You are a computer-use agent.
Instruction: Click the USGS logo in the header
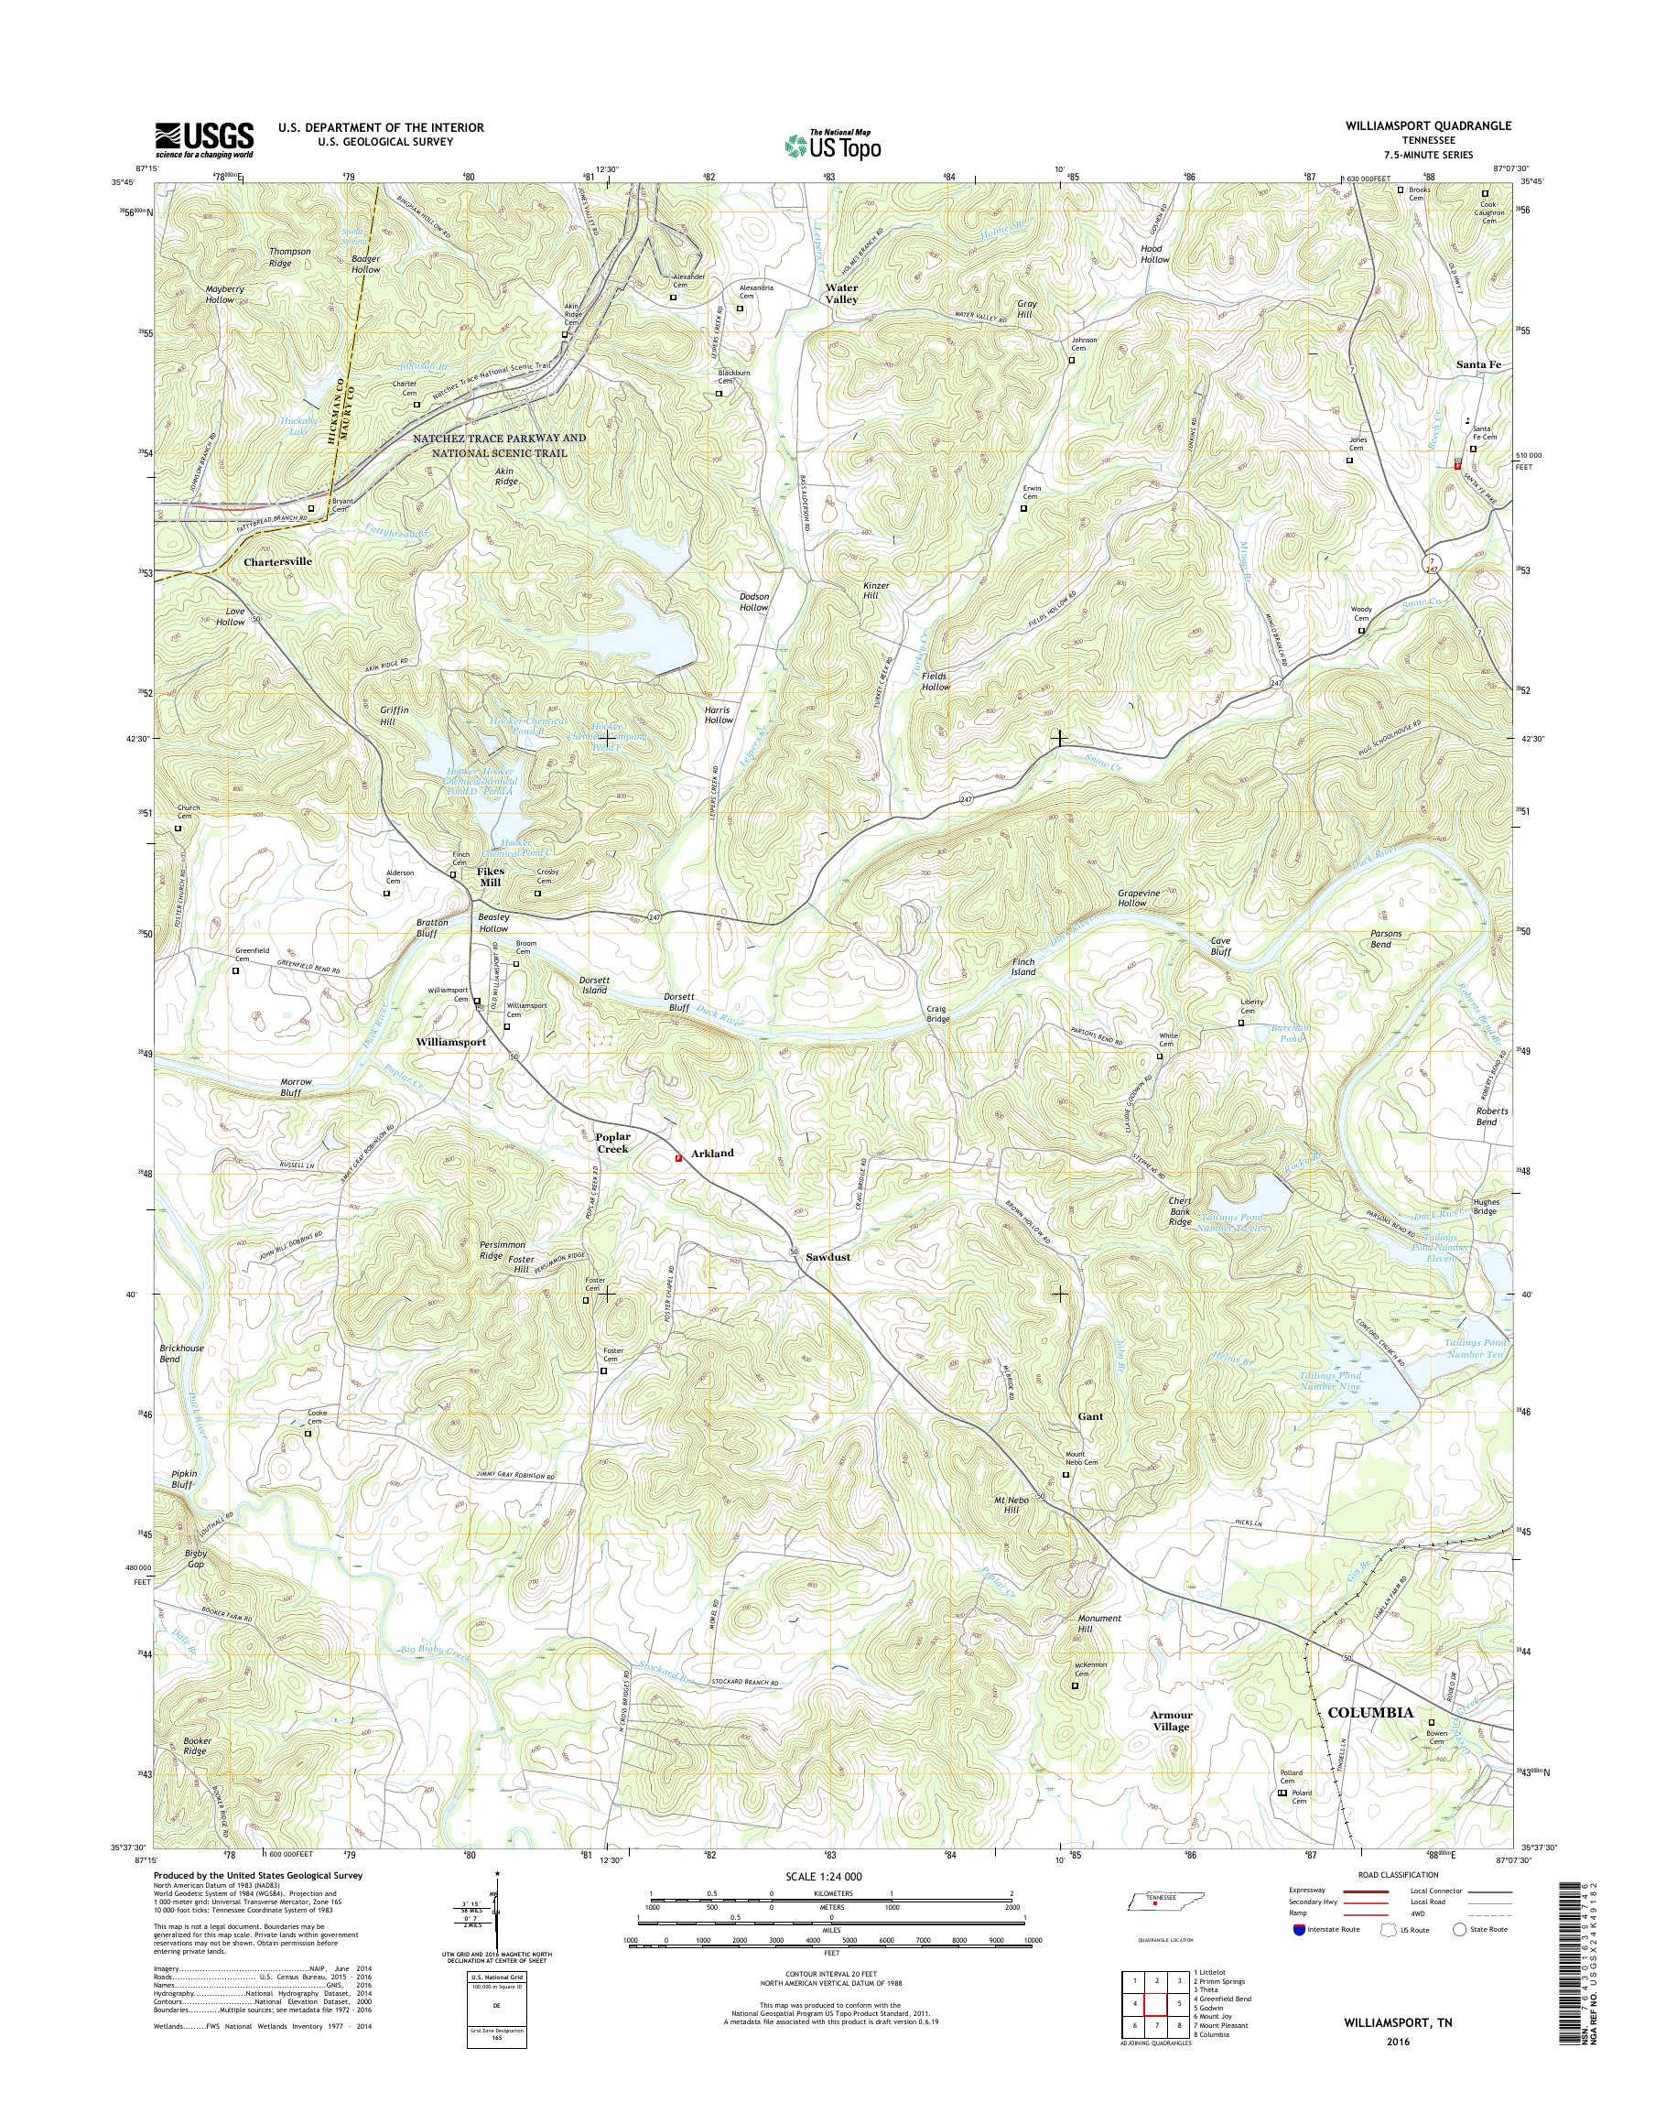[204, 139]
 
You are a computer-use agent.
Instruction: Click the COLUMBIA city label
[1370, 1712]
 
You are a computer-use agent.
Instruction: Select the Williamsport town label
[450, 1042]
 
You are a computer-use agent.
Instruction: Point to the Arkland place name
[712, 1153]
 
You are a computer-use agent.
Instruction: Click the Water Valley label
[842, 294]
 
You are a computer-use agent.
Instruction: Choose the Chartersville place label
[278, 562]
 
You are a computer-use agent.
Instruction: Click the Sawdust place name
[828, 1258]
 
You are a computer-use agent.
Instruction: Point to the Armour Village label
[1171, 1720]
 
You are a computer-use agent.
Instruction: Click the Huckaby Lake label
[294, 426]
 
